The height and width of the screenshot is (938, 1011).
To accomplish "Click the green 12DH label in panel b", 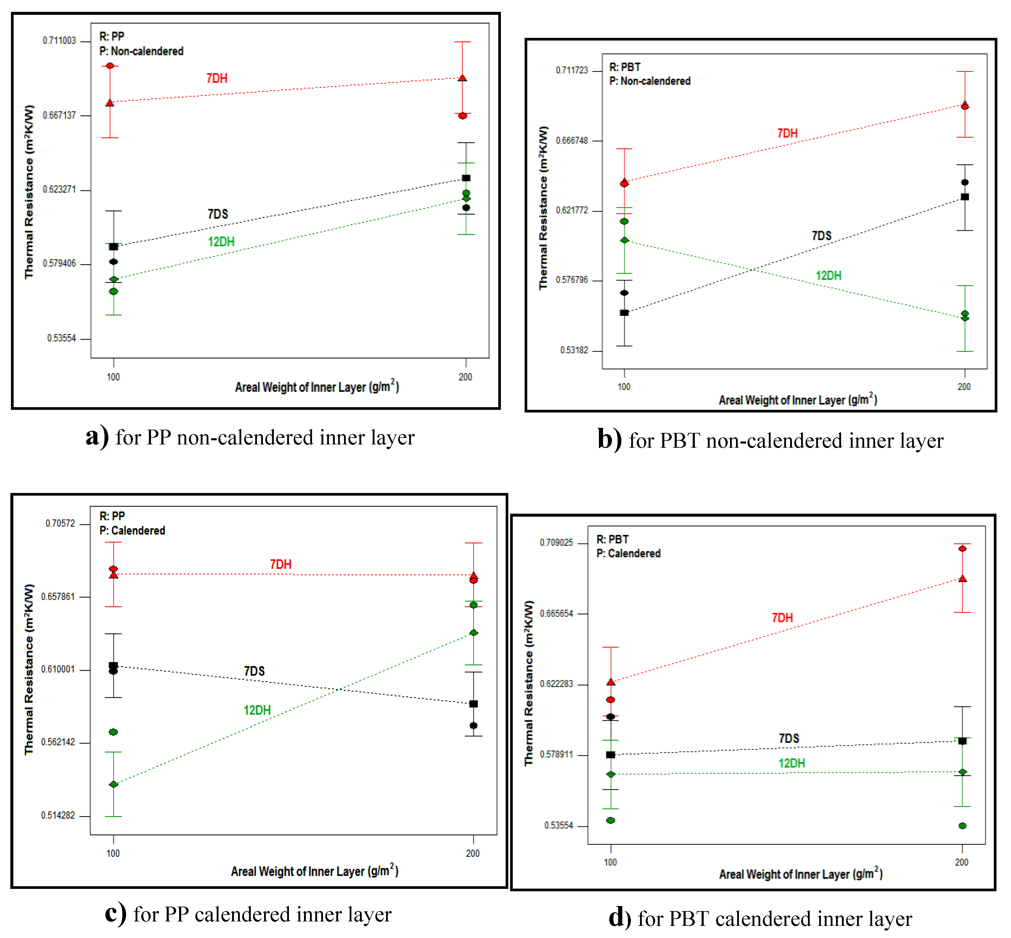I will click(x=828, y=275).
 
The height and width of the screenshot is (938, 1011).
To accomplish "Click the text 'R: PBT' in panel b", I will click(x=625, y=67).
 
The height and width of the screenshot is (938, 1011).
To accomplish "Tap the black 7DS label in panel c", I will click(x=254, y=671).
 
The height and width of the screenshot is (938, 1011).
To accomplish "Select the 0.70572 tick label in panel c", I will click(x=60, y=523).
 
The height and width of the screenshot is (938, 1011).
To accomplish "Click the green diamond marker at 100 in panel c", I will click(x=114, y=784).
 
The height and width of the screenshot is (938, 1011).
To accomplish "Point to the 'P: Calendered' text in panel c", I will click(x=132, y=531).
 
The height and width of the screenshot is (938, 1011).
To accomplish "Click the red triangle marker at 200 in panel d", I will click(x=962, y=579).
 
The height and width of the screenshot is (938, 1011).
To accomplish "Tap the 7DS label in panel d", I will click(x=789, y=739).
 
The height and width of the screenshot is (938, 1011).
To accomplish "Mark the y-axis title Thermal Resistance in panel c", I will click(x=29, y=669).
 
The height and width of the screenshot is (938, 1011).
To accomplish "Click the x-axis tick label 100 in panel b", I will click(x=623, y=387).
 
